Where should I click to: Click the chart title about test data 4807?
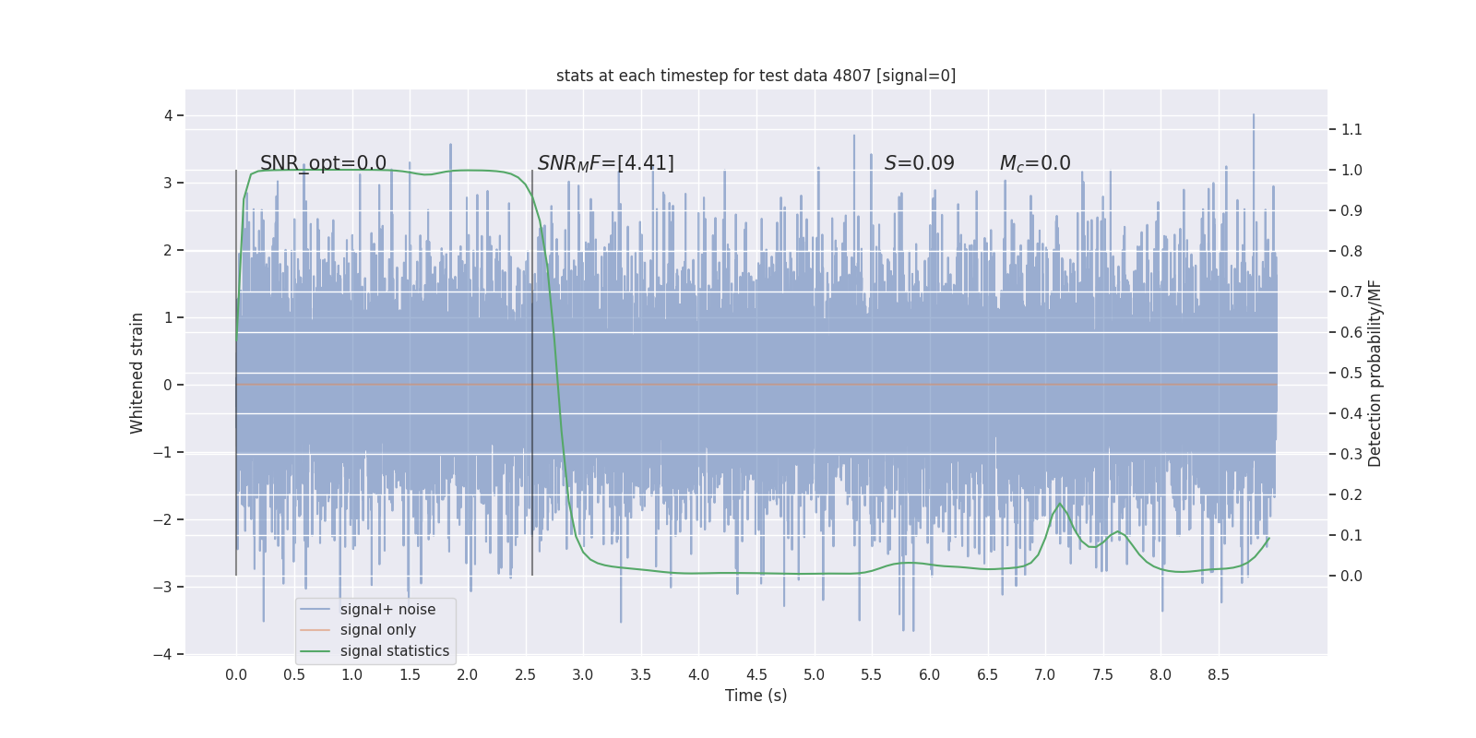point(756,76)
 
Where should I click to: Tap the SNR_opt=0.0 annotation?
point(323,163)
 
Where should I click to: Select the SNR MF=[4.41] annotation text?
point(605,163)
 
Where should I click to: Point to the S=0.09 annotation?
point(919,163)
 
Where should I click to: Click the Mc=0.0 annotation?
point(1035,163)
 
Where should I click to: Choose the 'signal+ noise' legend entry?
point(387,610)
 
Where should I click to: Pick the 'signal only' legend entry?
point(378,630)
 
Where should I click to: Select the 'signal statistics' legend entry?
point(395,651)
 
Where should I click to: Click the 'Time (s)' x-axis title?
point(756,696)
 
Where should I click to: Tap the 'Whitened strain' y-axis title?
point(137,373)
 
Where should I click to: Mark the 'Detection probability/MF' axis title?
point(1375,373)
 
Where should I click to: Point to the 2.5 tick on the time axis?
point(525,674)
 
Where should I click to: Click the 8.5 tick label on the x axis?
point(1218,674)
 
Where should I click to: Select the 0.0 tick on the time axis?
point(236,674)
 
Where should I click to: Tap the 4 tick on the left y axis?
point(169,115)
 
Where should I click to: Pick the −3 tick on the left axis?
point(165,587)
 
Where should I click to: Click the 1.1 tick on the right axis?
point(1351,129)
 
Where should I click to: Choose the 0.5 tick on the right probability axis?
point(1351,373)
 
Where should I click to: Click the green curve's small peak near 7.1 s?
point(1059,504)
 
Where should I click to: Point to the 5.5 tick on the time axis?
point(871,674)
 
